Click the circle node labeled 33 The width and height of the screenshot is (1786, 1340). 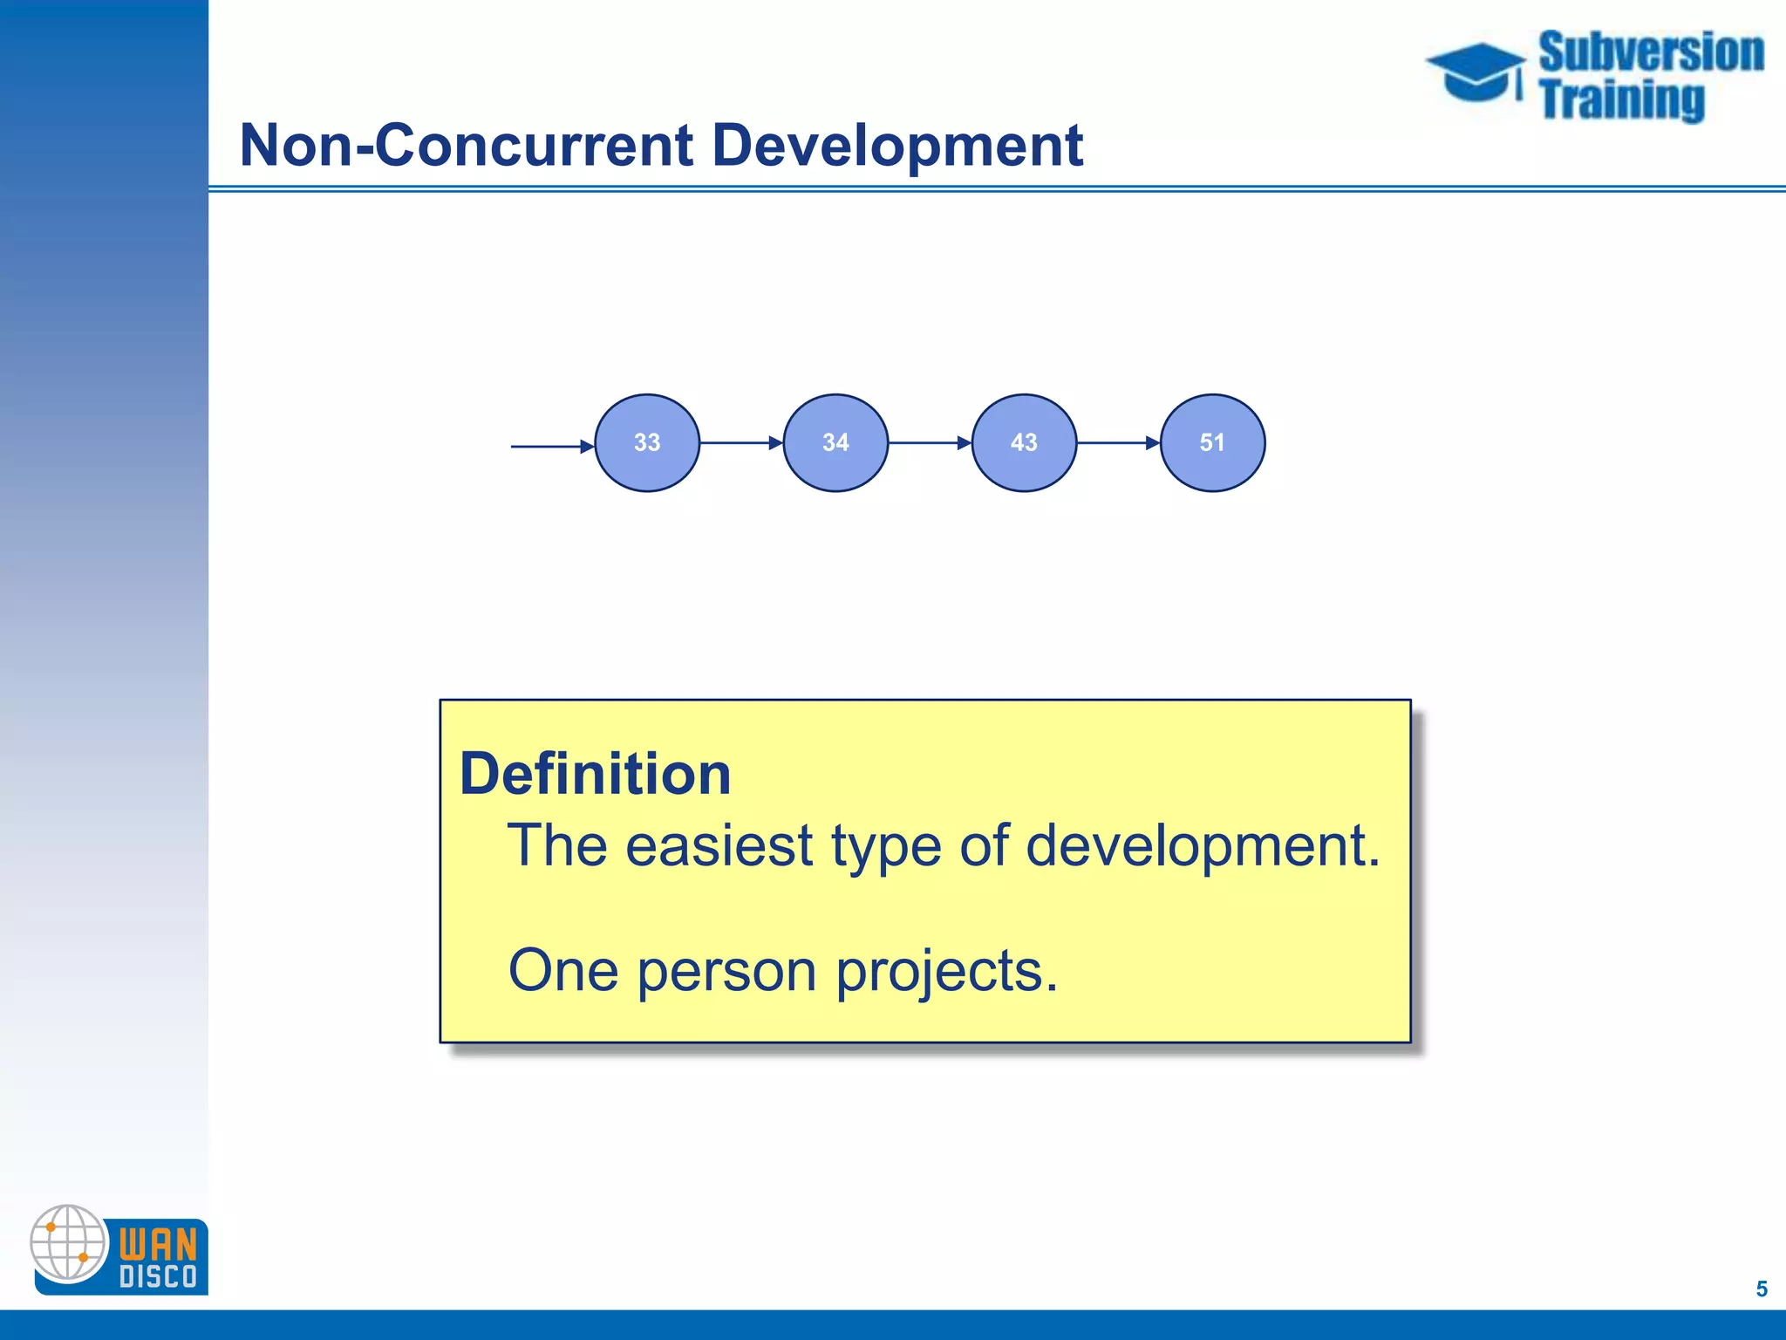click(646, 442)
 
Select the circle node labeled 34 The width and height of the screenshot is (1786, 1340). click(835, 442)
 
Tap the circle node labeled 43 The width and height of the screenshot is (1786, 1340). click(1024, 442)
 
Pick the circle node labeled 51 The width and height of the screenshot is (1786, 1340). click(1212, 442)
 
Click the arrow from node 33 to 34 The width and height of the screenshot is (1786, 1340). click(741, 443)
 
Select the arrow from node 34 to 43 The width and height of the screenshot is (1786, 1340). click(930, 443)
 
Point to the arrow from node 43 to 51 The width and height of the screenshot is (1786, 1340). click(1118, 443)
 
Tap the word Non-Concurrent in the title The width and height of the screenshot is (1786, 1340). click(467, 145)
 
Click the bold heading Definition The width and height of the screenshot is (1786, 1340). click(595, 774)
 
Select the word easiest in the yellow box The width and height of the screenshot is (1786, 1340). click(719, 845)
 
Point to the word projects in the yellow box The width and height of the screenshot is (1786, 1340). click(946, 971)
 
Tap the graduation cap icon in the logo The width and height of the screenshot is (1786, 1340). click(1476, 72)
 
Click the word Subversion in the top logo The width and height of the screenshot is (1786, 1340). click(1650, 52)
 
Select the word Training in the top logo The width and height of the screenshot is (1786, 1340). click(1621, 99)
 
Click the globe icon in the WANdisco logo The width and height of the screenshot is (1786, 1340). click(68, 1242)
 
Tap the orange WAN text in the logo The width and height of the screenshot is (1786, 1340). click(158, 1243)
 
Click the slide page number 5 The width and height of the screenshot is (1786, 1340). click(1761, 1289)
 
